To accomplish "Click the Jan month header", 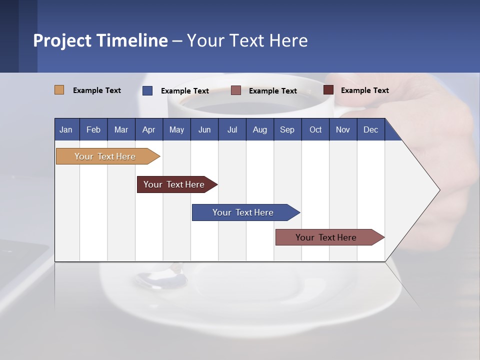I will point(66,129).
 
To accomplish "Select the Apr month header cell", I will point(148,129).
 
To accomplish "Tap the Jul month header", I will point(232,129).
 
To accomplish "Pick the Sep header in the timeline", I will point(287,129).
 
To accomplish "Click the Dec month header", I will point(370,129).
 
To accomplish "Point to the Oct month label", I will point(315,129).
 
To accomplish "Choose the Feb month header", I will point(93,129).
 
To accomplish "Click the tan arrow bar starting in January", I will point(105,156).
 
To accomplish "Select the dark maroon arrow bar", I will point(174,184).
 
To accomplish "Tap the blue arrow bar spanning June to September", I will point(243,212).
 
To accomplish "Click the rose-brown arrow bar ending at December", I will point(326,237).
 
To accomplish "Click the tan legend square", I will point(59,90).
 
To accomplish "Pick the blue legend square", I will point(147,90).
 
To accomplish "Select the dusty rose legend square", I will point(236,90).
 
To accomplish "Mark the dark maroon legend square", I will point(328,90).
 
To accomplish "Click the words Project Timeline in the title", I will point(100,40).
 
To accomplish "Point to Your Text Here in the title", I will point(247,40).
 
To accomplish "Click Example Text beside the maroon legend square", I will point(364,90).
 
